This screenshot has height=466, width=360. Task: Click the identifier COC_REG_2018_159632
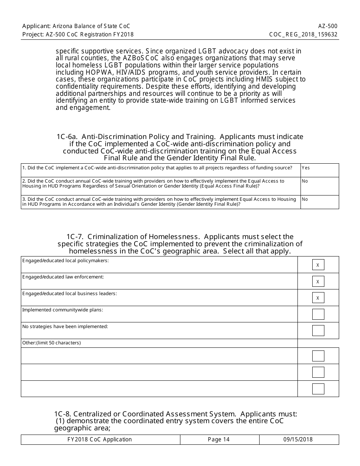(x=303, y=34)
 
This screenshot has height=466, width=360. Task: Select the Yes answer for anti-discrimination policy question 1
(x=305, y=168)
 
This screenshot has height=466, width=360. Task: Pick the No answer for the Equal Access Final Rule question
(x=305, y=181)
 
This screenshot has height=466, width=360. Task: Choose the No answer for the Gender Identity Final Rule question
(x=305, y=199)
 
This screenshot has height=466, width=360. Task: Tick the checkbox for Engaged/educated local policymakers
(x=318, y=265)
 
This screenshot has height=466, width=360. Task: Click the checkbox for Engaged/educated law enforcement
(x=318, y=281)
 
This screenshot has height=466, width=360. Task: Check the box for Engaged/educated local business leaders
(x=318, y=298)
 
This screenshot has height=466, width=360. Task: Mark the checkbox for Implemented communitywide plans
(x=318, y=314)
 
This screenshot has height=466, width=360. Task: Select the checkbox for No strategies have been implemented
(x=318, y=331)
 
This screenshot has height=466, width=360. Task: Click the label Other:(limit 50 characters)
(x=52, y=343)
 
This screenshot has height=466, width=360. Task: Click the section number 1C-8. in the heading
(x=63, y=414)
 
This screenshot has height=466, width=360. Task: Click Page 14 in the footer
(x=219, y=439)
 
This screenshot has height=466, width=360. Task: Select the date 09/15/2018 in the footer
(x=298, y=439)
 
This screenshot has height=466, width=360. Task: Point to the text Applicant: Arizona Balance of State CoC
(x=76, y=26)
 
